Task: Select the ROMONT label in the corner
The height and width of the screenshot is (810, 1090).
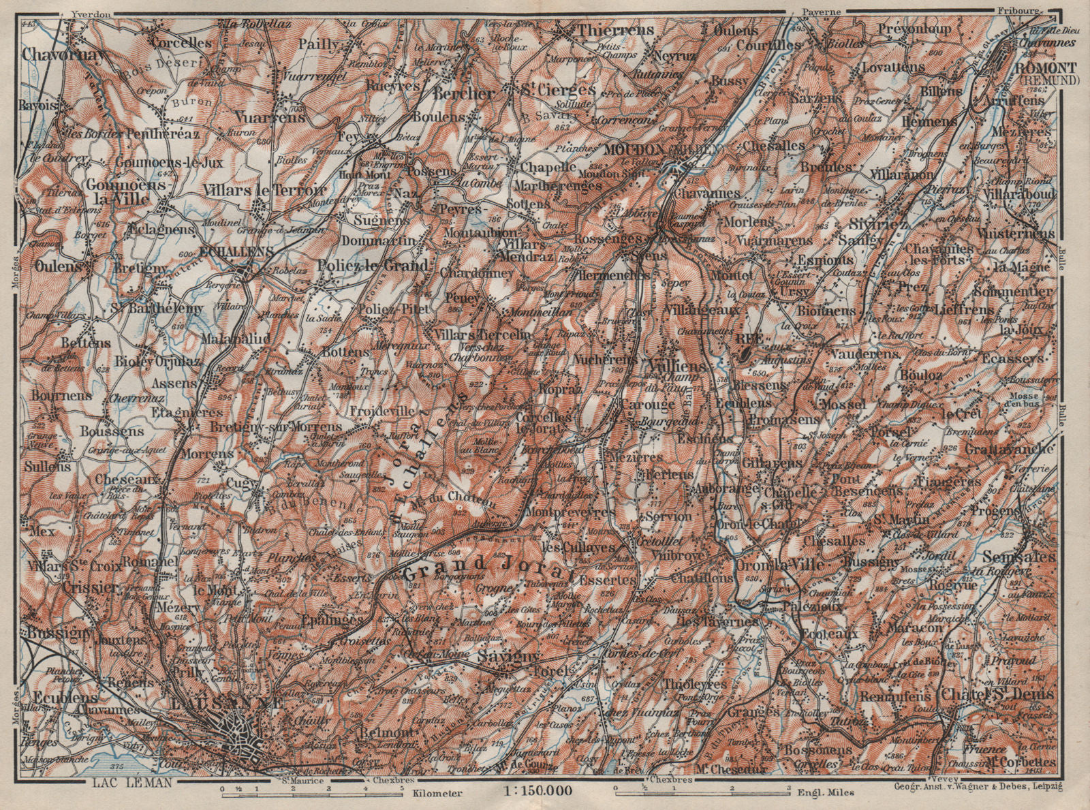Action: tap(1038, 69)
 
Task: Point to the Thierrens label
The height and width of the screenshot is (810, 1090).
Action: tap(614, 30)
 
